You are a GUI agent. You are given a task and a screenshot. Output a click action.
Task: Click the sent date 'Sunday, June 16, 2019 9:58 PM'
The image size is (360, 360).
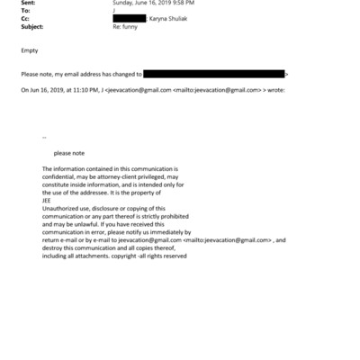coord(152,3)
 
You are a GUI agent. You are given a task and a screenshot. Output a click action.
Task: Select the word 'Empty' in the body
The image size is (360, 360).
coord(28,51)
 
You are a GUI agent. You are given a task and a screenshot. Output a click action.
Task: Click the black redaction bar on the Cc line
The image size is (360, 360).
coord(129,18)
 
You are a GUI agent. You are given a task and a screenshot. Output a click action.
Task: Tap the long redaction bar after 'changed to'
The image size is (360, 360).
coord(214,72)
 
